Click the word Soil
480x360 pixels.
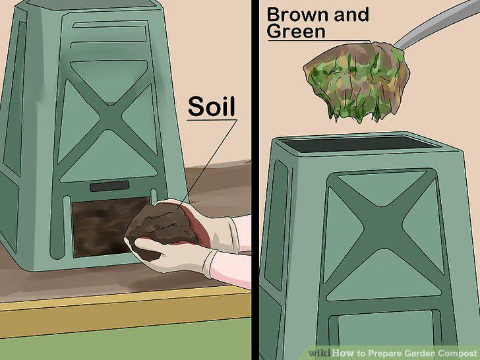(212, 107)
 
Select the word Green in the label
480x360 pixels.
(296, 31)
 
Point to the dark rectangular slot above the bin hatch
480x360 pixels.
(109, 186)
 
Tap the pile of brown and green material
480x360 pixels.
(357, 80)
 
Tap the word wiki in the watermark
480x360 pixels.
(319, 353)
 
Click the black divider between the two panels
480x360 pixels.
(255, 180)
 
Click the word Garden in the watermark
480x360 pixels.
(419, 353)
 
